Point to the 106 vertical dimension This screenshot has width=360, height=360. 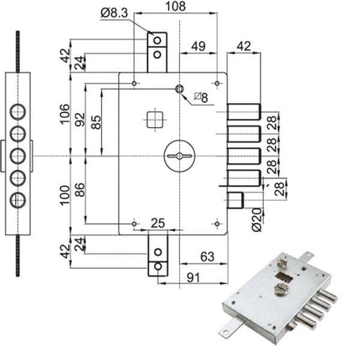(x=64, y=113)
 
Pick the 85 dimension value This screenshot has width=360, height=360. (x=97, y=123)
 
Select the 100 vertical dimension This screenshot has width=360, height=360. (x=64, y=195)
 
